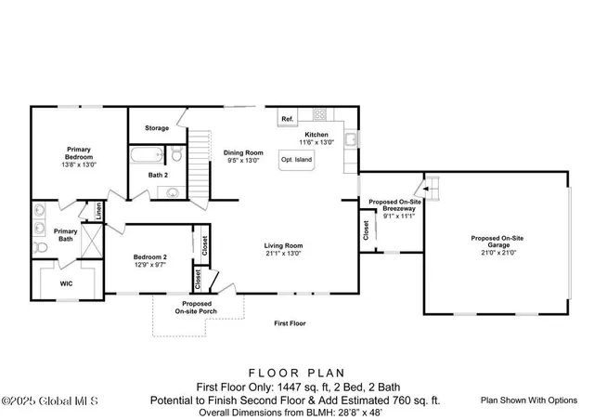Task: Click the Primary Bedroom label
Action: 79,151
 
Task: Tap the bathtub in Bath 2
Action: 148,155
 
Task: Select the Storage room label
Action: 157,128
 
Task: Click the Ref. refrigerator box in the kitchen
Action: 288,119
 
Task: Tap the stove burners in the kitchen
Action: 320,116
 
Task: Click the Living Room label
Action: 285,245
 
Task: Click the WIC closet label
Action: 66,282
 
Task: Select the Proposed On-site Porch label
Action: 196,308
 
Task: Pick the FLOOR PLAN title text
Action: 297,370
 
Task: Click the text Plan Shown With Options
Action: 529,400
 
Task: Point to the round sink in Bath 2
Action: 174,193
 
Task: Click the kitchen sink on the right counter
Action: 351,140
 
